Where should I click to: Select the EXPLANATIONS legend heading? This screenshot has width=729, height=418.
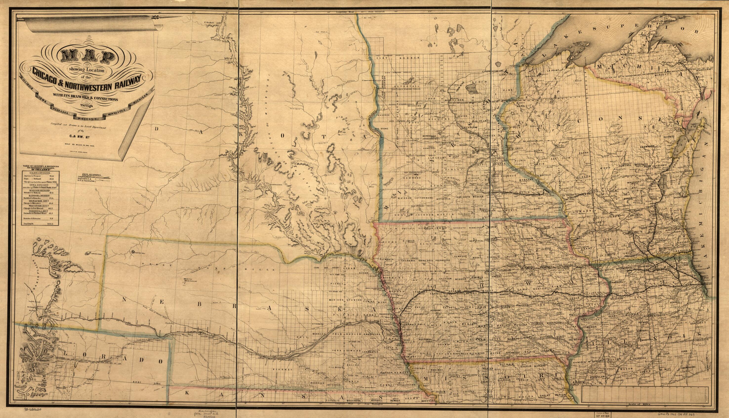(x=92, y=174)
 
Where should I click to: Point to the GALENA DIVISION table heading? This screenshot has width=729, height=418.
(x=40, y=173)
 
